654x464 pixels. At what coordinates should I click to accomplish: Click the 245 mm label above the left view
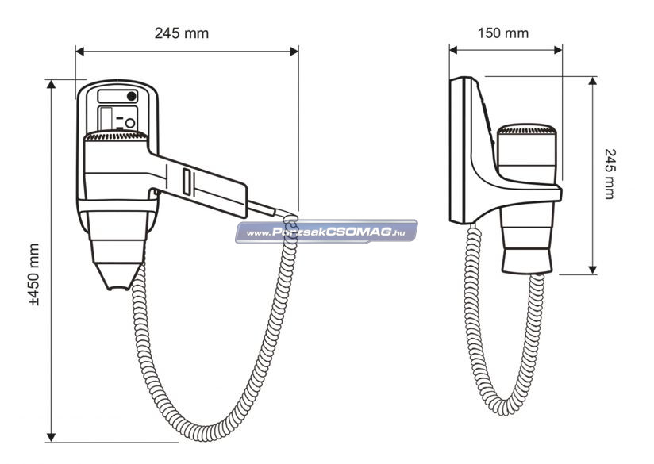point(182,33)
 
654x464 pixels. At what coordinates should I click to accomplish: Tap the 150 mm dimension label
point(503,33)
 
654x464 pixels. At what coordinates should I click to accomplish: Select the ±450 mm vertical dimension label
point(34,274)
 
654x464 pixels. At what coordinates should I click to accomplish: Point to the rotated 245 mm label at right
point(610,174)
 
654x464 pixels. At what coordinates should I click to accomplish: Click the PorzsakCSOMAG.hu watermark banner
point(326,232)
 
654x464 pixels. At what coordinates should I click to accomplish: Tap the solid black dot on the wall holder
point(132,96)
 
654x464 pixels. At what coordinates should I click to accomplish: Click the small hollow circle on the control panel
point(130,123)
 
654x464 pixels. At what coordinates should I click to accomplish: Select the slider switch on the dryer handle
point(187,182)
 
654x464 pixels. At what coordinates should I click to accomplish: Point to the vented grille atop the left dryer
point(116,136)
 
